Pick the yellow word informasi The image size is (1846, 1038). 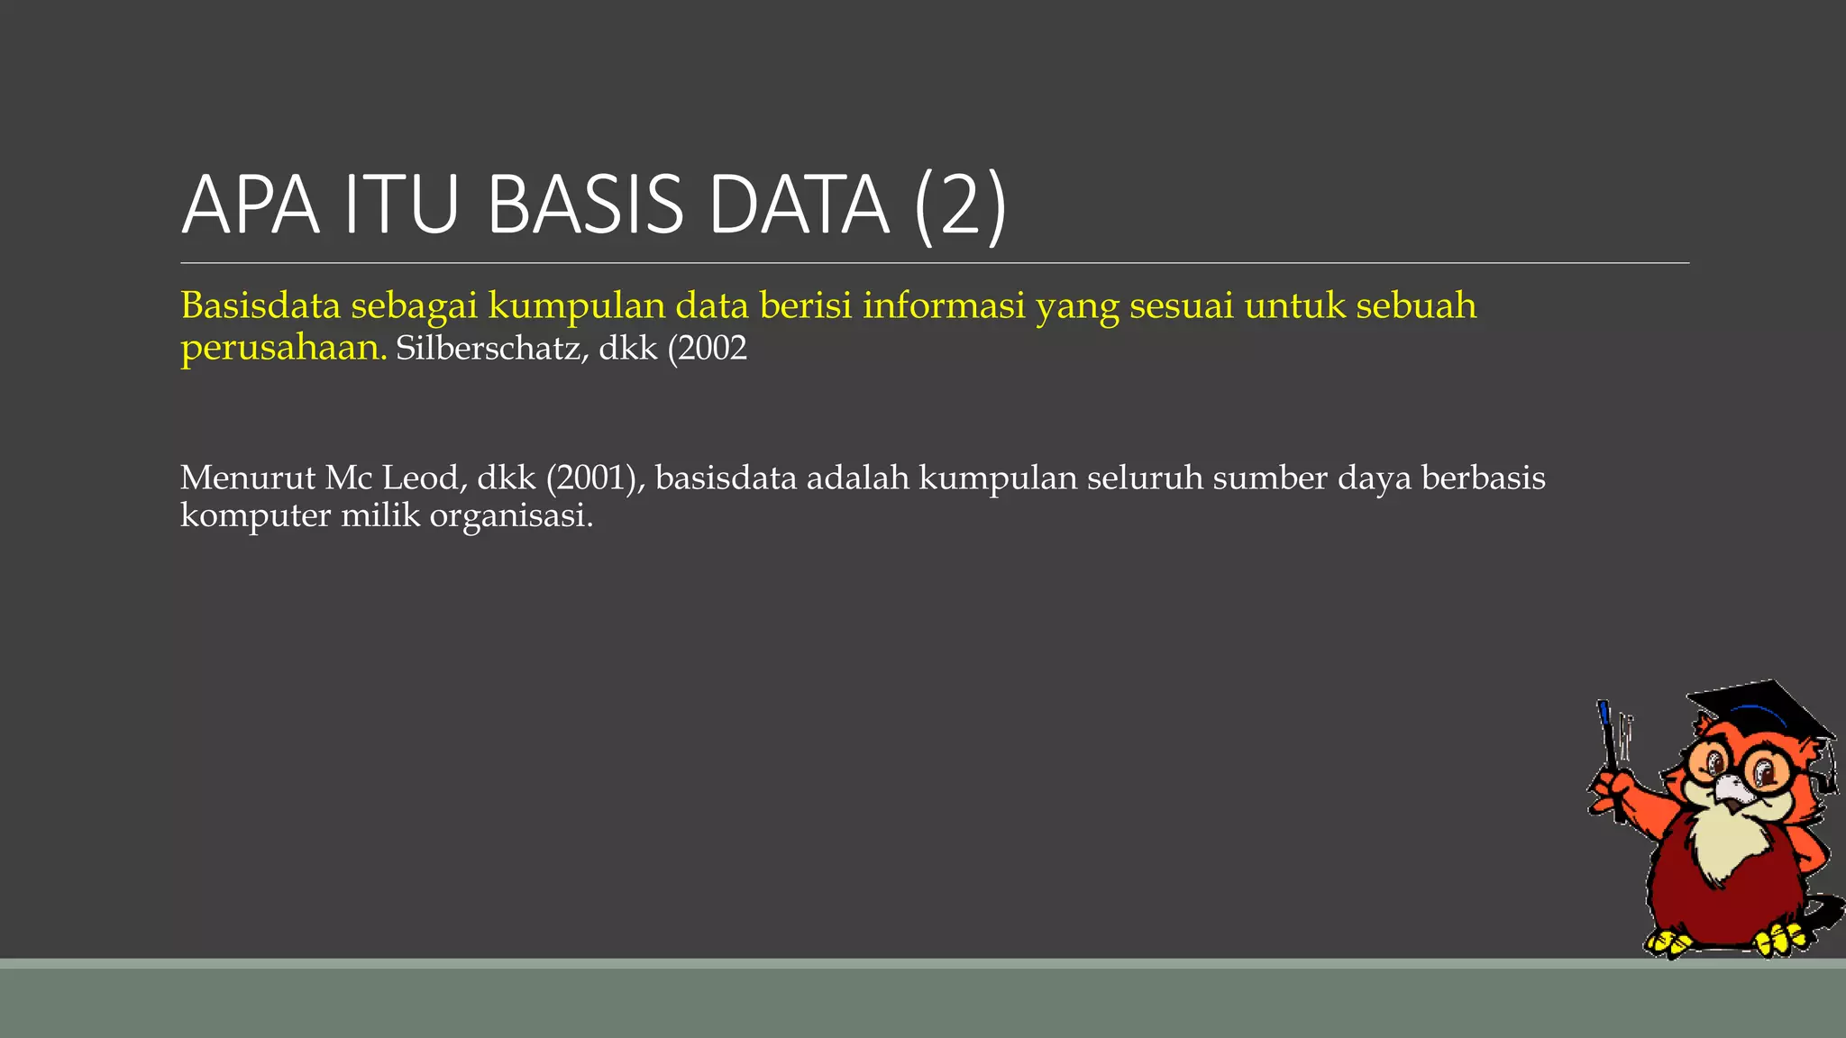tap(944, 305)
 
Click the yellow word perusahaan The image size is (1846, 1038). tap(283, 348)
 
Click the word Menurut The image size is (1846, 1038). tap(248, 478)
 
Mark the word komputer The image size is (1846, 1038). tap(255, 515)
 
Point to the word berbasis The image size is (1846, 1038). tap(1483, 478)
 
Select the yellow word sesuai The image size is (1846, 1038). tap(1181, 305)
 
